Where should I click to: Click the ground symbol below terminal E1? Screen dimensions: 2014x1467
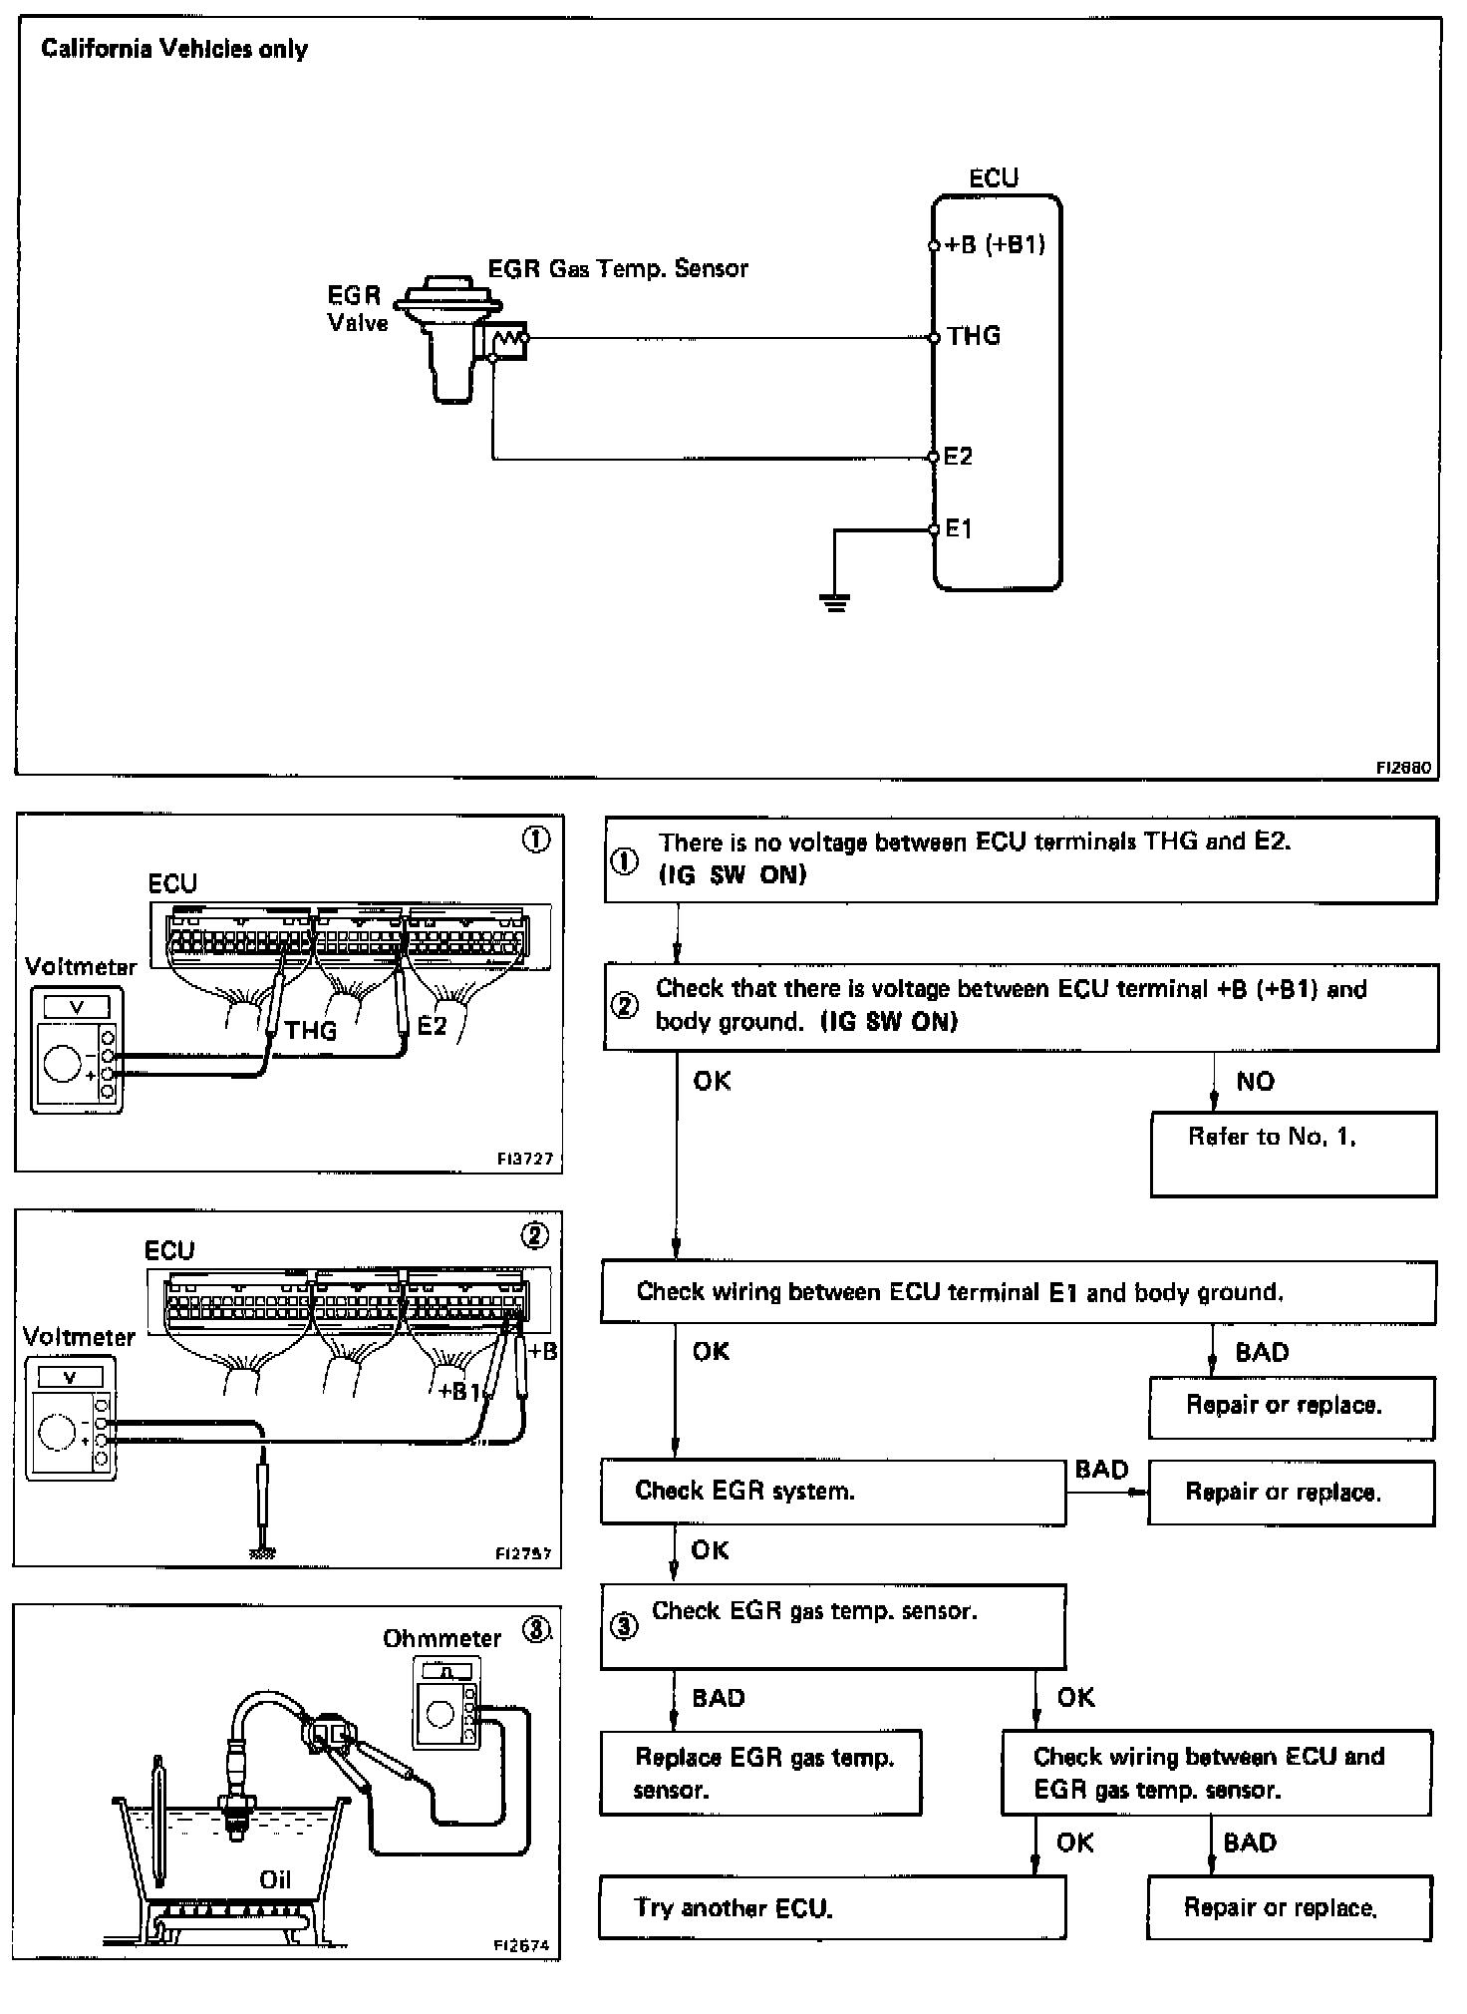[836, 601]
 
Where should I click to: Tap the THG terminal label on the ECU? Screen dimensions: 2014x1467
[974, 336]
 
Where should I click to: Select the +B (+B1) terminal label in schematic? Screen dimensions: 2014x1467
[995, 245]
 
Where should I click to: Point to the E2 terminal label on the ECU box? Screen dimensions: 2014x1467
[958, 457]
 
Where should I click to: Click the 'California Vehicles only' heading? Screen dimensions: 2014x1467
[174, 50]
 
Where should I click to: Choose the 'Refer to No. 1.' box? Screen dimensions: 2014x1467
[1293, 1154]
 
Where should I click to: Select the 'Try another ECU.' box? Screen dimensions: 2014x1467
[831, 1907]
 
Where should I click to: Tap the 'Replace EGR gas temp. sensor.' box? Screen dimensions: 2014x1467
[760, 1772]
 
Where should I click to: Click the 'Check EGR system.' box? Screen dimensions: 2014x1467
[832, 1492]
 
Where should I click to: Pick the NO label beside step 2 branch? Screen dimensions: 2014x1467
[1255, 1082]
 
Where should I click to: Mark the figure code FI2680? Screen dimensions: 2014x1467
[1404, 768]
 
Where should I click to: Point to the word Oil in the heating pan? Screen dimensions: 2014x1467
[275, 1879]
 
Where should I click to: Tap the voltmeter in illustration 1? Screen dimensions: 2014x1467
[77, 1050]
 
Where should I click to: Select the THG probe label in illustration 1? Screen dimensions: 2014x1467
[311, 1031]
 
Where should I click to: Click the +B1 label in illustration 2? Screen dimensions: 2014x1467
[460, 1391]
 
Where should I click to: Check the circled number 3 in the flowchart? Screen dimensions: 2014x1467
[624, 1627]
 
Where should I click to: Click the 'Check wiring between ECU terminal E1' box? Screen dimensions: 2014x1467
[1018, 1292]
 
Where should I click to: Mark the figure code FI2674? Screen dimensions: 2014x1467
[521, 1944]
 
